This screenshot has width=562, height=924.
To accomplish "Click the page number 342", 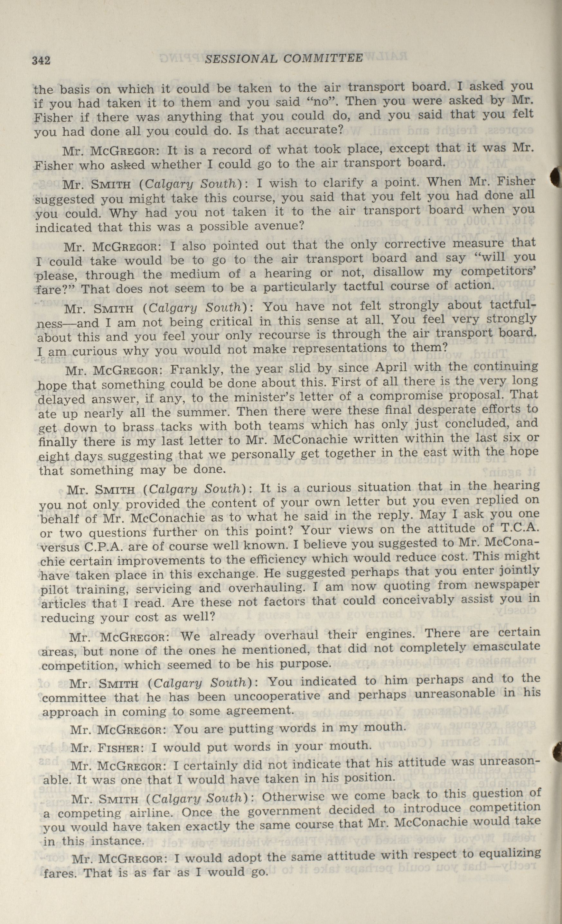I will click(41, 60).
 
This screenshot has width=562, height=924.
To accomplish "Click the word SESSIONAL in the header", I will click(241, 59).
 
